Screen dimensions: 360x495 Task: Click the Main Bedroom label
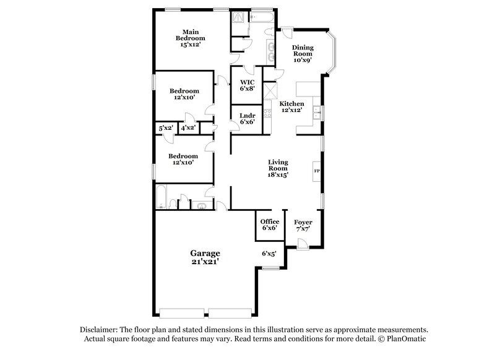(x=189, y=38)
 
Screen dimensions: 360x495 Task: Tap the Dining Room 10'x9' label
(x=303, y=54)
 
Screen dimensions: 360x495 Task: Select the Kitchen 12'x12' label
(x=291, y=106)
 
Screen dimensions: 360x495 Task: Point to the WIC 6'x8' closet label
(x=247, y=85)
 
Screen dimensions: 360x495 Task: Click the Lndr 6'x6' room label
(x=247, y=118)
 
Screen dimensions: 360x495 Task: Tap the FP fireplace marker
(x=317, y=171)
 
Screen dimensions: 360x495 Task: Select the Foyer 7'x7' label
(x=303, y=225)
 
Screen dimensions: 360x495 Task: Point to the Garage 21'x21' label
(x=205, y=257)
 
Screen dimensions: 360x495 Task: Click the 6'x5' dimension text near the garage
(x=269, y=253)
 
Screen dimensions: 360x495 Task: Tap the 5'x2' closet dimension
(x=165, y=127)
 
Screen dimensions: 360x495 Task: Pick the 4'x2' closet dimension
(x=187, y=127)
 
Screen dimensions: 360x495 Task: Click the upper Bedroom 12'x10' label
(x=184, y=94)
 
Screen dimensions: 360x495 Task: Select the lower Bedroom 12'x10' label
(x=184, y=159)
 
